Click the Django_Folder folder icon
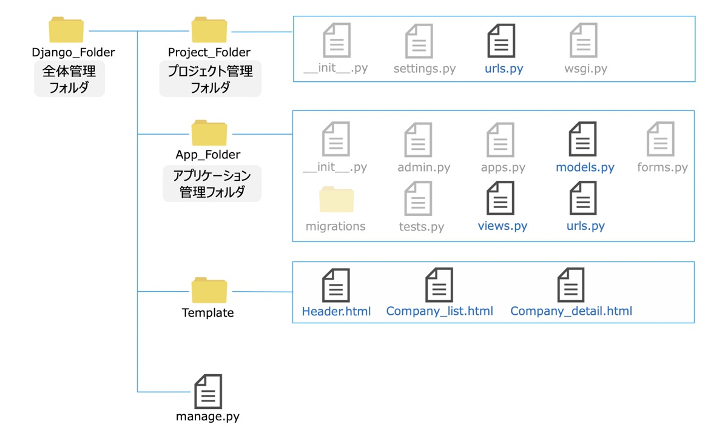66,30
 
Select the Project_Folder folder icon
209,30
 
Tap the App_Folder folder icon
209,133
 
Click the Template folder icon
209,291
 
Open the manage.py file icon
208,391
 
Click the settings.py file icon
419,41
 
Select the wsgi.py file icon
584,41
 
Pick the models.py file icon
582,140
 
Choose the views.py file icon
500,198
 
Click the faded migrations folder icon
336,200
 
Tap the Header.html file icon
335,285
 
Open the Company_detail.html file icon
570,285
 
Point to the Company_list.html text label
439,311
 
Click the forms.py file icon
661,140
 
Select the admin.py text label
423,167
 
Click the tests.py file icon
419,198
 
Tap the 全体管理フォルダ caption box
69,79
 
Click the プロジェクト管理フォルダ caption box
210,79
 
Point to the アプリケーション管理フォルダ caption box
212,184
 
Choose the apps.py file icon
500,140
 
